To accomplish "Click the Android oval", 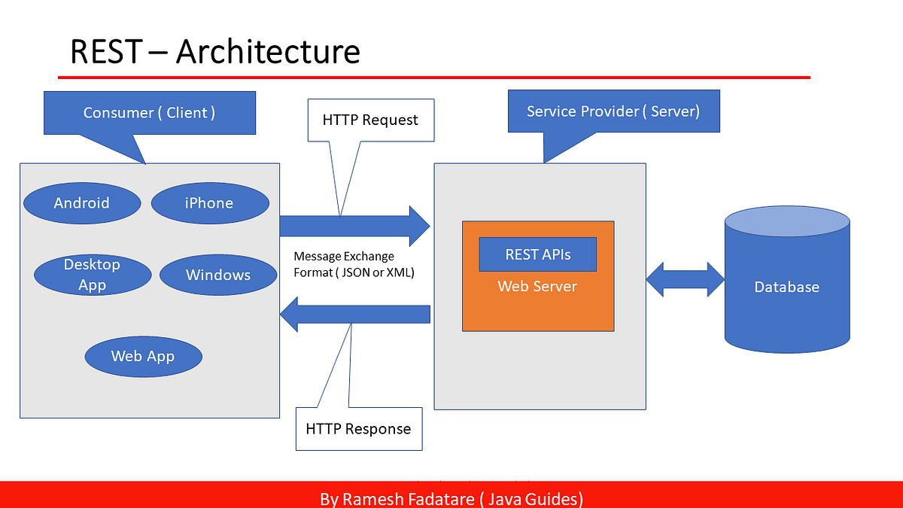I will pos(82,203).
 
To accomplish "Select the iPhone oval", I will pos(210,203).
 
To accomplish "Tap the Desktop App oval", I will pos(92,275).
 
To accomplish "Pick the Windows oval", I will pos(218,275).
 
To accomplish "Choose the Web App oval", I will pos(143,356).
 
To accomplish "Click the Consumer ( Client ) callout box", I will pos(150,113).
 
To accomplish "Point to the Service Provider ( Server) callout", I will pos(613,111).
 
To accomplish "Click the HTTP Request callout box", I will pos(370,120).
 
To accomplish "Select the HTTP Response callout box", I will pos(358,429).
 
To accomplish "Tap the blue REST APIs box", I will pos(537,254).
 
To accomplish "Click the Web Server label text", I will pos(537,287).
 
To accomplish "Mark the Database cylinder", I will pos(787,286).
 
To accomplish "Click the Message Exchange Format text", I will pos(354,264).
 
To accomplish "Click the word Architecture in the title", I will pos(269,53).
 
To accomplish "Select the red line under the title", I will pos(434,77).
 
